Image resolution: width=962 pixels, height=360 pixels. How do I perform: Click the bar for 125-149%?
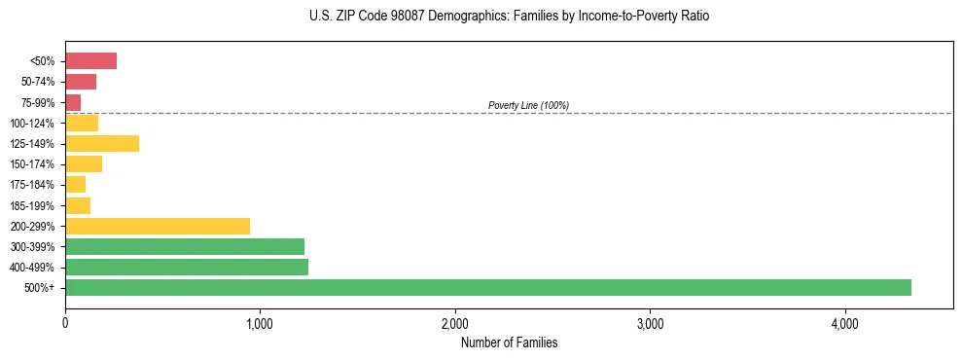(x=102, y=143)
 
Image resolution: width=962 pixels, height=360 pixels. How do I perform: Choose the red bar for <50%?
(x=90, y=61)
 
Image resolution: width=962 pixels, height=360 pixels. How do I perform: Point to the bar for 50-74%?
(x=81, y=82)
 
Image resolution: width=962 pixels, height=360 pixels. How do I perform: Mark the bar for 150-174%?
(x=84, y=163)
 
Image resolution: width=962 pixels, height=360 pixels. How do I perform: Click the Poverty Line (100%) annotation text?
(x=528, y=105)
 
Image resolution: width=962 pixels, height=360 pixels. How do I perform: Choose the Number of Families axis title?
(x=509, y=342)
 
